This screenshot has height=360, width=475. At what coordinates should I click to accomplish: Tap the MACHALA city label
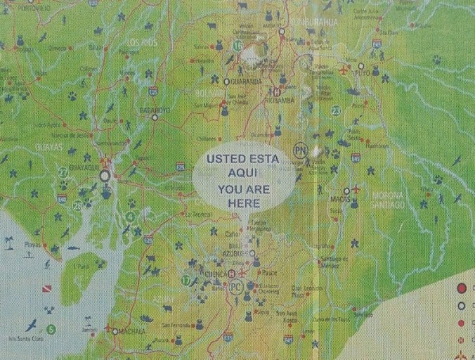(131, 331)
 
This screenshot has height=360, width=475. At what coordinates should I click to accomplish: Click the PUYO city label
(362, 72)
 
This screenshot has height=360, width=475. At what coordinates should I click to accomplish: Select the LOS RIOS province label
(143, 43)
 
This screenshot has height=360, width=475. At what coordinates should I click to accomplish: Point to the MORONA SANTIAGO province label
(387, 200)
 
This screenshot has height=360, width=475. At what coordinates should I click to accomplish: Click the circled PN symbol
(300, 150)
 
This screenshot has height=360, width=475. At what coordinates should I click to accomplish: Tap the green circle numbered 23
(336, 110)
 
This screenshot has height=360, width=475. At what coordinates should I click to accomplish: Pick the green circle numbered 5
(51, 329)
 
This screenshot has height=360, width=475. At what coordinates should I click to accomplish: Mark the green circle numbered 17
(186, 280)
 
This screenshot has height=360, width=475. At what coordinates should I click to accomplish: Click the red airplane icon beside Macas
(356, 189)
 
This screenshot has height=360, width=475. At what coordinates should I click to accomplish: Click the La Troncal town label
(197, 214)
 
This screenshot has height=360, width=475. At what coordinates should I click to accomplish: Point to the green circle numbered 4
(131, 216)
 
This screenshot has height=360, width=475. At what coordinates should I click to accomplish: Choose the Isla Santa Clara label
(20, 338)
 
